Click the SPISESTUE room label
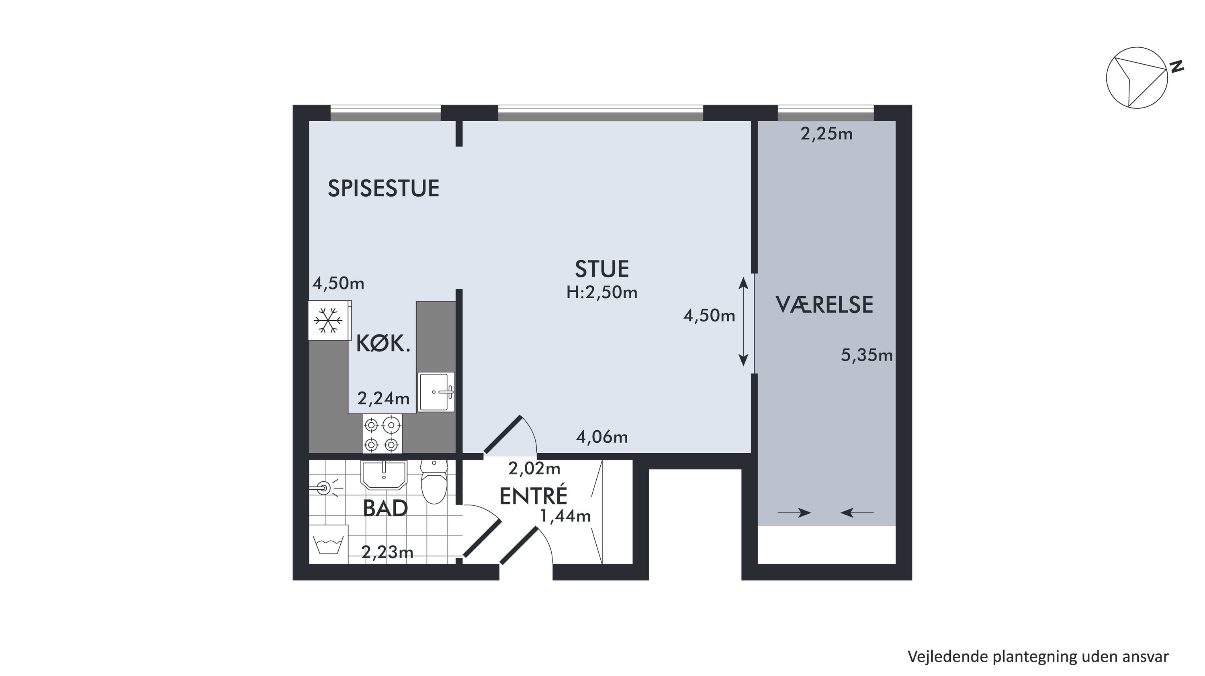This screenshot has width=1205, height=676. (384, 188)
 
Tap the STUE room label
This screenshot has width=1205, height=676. (601, 269)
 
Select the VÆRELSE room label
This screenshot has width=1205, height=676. (824, 305)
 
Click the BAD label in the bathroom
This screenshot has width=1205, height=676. (385, 509)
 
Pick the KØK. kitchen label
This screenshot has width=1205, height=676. (383, 344)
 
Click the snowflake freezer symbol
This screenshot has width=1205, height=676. (328, 321)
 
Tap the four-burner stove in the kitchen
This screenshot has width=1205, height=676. (382, 434)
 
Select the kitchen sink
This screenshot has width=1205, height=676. (436, 392)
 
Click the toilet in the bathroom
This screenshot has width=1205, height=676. (434, 482)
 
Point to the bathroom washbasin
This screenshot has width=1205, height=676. (384, 474)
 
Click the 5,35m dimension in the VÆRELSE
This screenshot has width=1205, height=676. (867, 356)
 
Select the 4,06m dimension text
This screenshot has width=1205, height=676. (601, 437)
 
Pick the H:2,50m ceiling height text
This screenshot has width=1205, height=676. (601, 293)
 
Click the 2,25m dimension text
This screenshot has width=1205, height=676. (827, 134)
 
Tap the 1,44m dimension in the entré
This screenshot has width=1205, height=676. (566, 516)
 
